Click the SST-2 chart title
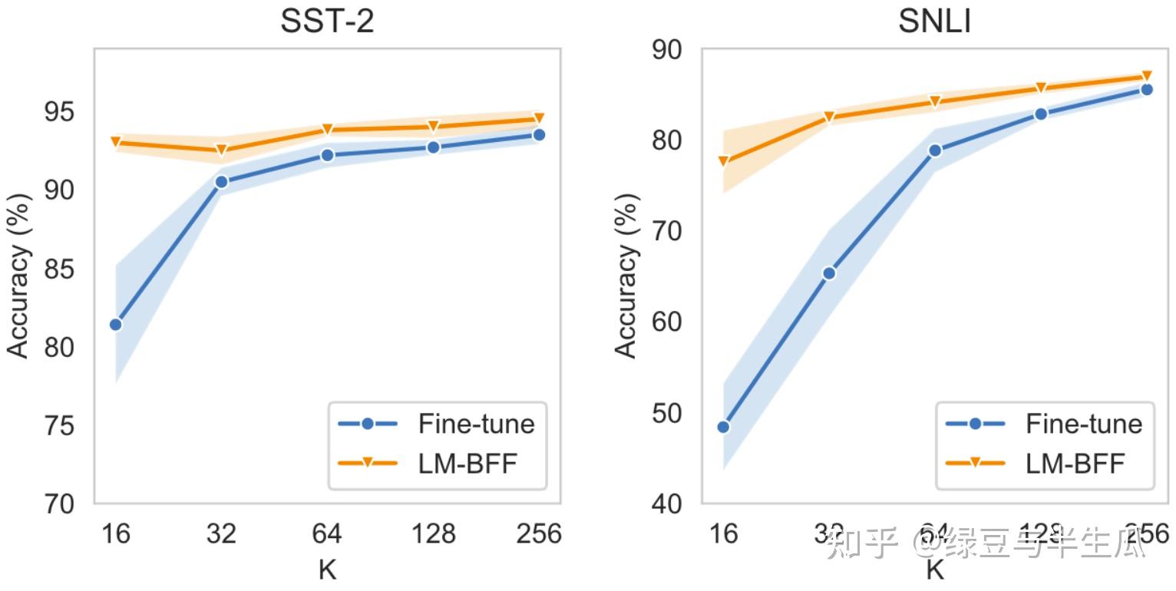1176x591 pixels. [327, 21]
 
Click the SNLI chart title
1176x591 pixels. [934, 21]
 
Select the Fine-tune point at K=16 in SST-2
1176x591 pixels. [116, 325]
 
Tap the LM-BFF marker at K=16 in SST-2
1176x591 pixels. [116, 142]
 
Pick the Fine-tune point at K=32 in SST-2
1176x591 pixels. [221, 182]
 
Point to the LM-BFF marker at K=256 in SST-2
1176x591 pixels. [539, 118]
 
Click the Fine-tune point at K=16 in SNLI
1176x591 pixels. [723, 427]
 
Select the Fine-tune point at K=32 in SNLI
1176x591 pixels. [829, 273]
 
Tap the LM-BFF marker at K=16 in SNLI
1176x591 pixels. [723, 161]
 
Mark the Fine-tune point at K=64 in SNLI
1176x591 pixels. [935, 150]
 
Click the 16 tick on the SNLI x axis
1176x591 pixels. [723, 533]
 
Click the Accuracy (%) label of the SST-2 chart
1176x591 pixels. [19, 276]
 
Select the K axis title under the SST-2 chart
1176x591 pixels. [328, 570]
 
